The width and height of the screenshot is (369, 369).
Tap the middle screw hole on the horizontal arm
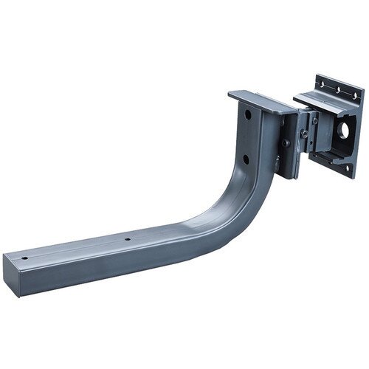click(128, 240)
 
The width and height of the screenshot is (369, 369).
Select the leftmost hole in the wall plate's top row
click(322, 83)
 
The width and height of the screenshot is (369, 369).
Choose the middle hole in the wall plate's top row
click(337, 90)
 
